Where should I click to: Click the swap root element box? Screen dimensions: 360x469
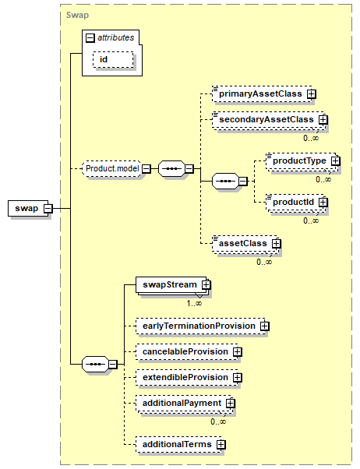point(27,208)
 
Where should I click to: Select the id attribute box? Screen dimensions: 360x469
point(113,59)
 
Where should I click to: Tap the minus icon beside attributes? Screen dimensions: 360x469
point(90,37)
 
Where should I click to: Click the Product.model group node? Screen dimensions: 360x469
point(112,169)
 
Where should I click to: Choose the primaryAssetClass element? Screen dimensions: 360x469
point(262,94)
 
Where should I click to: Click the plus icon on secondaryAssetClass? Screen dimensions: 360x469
point(323,120)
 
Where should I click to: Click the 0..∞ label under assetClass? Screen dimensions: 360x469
point(264,262)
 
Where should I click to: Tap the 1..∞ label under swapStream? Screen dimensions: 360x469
point(194,303)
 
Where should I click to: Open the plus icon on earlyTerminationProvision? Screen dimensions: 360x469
point(264,326)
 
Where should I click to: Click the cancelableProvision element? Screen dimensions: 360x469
point(187,352)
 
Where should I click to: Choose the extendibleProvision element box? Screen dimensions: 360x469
point(187,378)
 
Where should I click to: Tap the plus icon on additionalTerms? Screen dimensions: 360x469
point(221,445)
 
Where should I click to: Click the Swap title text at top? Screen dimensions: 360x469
point(77,15)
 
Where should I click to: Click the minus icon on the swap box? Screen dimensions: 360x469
point(48,209)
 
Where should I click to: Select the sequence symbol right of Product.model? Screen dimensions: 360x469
point(171,169)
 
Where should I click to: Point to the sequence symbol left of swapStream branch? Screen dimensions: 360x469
point(95,365)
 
